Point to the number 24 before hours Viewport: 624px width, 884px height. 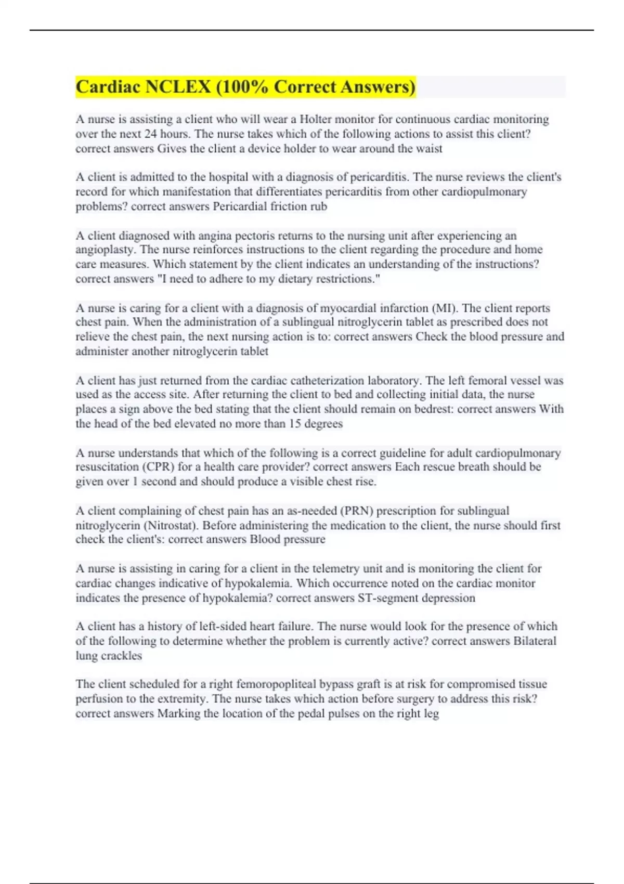click(150, 134)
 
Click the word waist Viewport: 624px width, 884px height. click(429, 149)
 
